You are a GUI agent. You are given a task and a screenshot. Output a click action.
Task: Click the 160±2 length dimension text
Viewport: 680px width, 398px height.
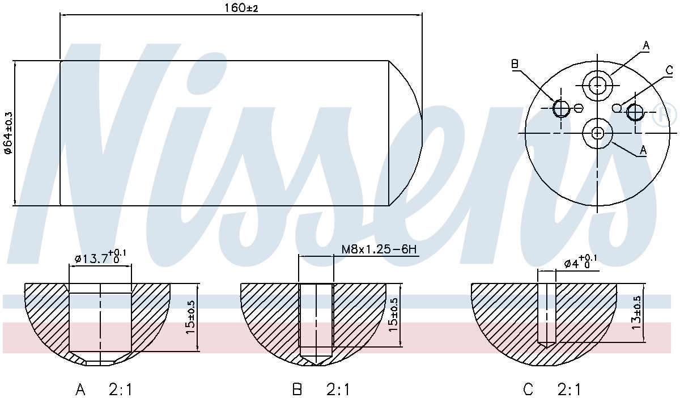point(241,8)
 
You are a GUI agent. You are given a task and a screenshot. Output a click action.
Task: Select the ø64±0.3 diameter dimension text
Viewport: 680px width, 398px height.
point(8,133)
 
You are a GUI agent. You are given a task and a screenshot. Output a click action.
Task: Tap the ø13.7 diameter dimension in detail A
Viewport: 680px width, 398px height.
point(100,257)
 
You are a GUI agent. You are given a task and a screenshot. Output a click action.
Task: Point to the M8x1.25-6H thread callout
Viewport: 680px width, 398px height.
point(379,249)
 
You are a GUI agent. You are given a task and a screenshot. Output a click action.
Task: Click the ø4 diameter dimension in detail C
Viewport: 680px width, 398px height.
point(580,262)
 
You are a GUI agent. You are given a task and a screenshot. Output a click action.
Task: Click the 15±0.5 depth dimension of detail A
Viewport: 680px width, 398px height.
point(190,317)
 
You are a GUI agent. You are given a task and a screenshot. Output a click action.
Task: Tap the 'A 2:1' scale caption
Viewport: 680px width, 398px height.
point(104,389)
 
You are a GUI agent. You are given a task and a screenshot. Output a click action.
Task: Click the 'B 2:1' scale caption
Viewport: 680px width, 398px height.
point(321,389)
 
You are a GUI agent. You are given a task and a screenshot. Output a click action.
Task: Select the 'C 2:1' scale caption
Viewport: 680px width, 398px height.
point(552,389)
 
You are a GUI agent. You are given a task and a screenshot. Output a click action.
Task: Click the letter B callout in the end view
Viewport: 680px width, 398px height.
point(515,64)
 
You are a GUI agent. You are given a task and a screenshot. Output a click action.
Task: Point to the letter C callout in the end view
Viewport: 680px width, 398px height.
point(669,70)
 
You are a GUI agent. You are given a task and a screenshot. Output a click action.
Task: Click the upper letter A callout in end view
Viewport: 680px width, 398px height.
point(646,45)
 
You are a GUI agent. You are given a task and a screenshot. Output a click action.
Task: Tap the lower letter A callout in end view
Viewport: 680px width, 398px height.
point(643,150)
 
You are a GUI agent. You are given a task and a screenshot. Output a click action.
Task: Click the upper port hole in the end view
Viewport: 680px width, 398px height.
point(597,86)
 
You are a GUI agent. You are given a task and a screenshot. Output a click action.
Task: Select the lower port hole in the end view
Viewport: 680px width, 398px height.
point(597,133)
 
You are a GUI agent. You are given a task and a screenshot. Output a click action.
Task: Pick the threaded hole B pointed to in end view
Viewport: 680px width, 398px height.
point(560,108)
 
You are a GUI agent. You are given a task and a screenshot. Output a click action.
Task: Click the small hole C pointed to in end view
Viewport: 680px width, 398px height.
point(617,108)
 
